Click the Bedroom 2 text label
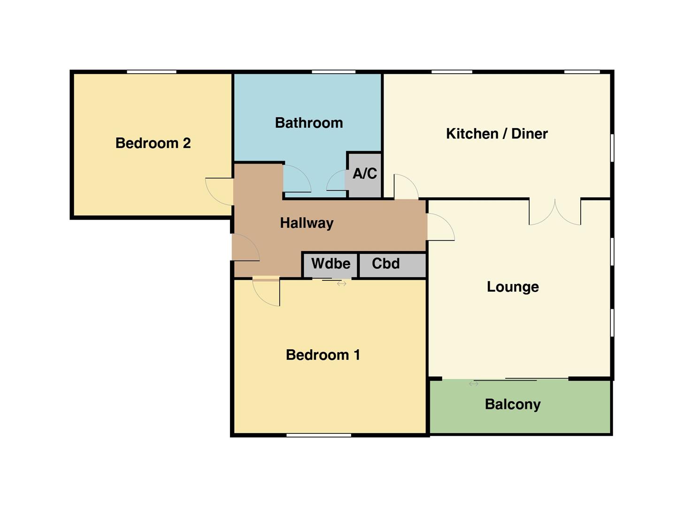coord(153,143)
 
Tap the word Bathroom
coord(309,123)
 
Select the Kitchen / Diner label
coord(497,134)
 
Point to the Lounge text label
coord(513,287)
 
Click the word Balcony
coord(513,404)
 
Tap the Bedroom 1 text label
coord(323,355)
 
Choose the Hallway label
coord(307,223)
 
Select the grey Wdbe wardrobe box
coord(330,264)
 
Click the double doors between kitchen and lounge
coord(555,212)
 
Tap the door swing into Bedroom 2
coord(219,192)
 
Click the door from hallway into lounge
coord(440,228)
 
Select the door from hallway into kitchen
coord(406,187)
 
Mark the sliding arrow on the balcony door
coord(474,384)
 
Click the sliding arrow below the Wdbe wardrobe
coord(341,284)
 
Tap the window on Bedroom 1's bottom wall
coord(319,435)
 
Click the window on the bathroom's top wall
coord(333,72)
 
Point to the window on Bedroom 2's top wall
coord(151,72)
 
